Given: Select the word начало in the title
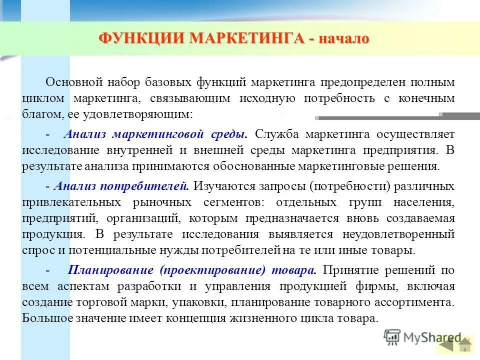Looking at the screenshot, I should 342,38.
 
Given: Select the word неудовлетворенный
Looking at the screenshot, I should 398,234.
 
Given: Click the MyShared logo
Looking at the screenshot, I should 422,338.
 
